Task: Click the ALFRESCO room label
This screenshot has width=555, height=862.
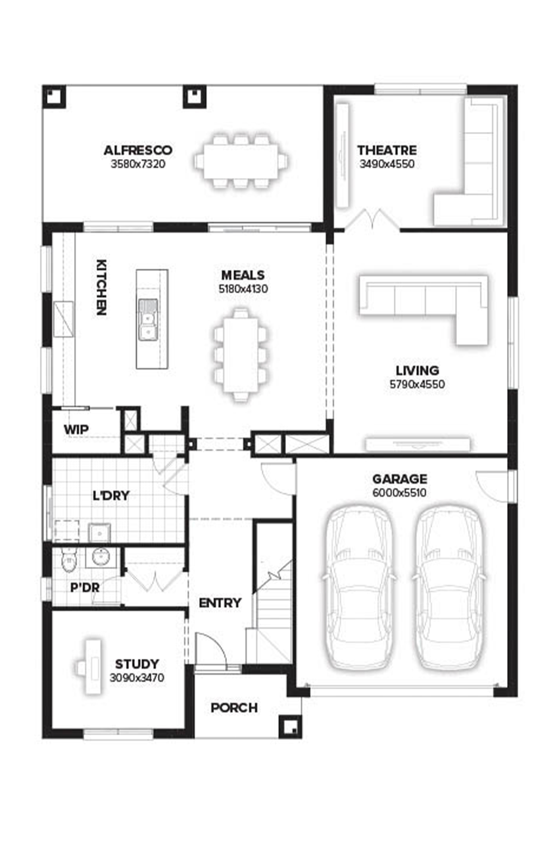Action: click(138, 150)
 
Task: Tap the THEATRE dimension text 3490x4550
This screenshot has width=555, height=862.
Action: click(387, 164)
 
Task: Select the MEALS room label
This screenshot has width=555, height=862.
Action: click(243, 275)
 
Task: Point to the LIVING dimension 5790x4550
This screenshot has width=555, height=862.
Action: click(417, 384)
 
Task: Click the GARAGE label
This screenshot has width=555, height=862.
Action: click(400, 479)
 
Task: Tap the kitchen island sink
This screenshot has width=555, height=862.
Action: click(148, 320)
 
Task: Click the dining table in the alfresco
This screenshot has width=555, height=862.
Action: click(241, 161)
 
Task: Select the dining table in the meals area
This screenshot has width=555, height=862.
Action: click(240, 355)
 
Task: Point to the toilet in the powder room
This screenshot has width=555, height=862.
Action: click(69, 562)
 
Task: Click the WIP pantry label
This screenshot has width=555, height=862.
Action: click(76, 430)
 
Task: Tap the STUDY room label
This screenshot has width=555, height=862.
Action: click(137, 664)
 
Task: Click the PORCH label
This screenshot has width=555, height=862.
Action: click(234, 708)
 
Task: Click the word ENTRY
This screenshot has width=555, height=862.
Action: click(220, 602)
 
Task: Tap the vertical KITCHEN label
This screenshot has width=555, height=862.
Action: click(101, 288)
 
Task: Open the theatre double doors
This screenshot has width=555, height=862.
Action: click(373, 220)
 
